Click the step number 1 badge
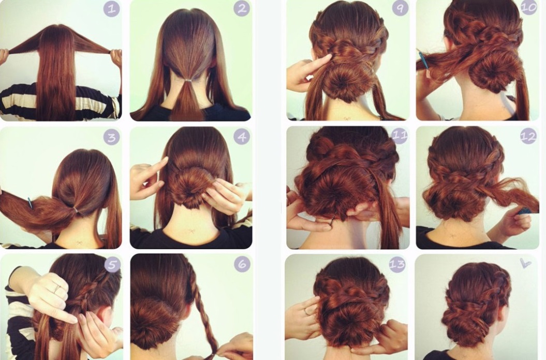(x=111, y=9)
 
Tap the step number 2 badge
(x=242, y=9)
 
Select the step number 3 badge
(x=111, y=137)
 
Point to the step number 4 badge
(x=242, y=137)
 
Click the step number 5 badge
(x=112, y=265)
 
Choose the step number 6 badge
(x=242, y=265)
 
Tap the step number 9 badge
(x=400, y=8)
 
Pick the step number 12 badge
(x=528, y=136)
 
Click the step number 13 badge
(x=397, y=265)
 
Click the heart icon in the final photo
(x=525, y=264)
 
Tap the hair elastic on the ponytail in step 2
(x=188, y=80)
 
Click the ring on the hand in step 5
(x=57, y=288)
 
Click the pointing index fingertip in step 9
(x=329, y=56)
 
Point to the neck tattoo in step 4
(x=190, y=232)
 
